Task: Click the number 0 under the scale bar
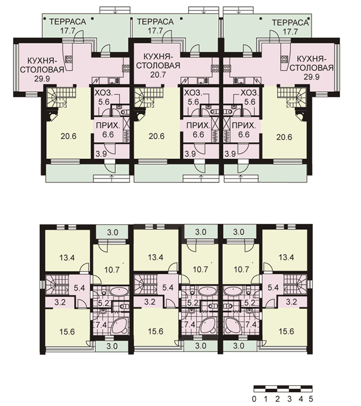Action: point(254,398)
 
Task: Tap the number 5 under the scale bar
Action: point(311,398)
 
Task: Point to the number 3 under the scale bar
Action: point(289,398)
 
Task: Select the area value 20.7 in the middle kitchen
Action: point(158,75)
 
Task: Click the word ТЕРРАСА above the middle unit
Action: point(156,22)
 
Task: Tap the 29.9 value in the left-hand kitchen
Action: point(42,78)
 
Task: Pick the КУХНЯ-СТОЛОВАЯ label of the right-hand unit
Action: point(311,63)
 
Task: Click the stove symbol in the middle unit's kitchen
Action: point(215,69)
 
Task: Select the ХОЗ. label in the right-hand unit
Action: point(250,93)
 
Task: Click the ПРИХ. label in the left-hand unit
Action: point(108,126)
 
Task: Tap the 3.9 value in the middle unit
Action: point(190,154)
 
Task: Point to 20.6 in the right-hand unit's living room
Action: point(284,137)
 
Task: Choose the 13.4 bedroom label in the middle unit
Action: point(156,257)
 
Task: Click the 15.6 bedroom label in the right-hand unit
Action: point(286,331)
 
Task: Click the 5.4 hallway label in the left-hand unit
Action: point(79,288)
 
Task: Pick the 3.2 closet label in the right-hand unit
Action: point(291,302)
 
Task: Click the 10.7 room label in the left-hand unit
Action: point(112,270)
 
